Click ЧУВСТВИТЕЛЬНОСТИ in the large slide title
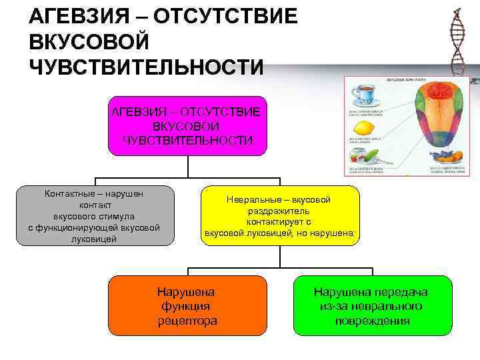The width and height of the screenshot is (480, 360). (147, 67)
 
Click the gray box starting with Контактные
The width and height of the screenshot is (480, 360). (94, 215)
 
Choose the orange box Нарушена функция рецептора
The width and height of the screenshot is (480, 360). (187, 305)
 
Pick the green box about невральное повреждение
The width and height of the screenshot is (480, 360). (373, 305)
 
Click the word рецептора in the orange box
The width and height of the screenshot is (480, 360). (187, 321)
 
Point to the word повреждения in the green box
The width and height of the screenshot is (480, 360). (373, 321)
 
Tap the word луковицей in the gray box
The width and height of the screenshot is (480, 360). (94, 239)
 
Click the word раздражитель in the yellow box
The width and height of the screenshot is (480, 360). (279, 211)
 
